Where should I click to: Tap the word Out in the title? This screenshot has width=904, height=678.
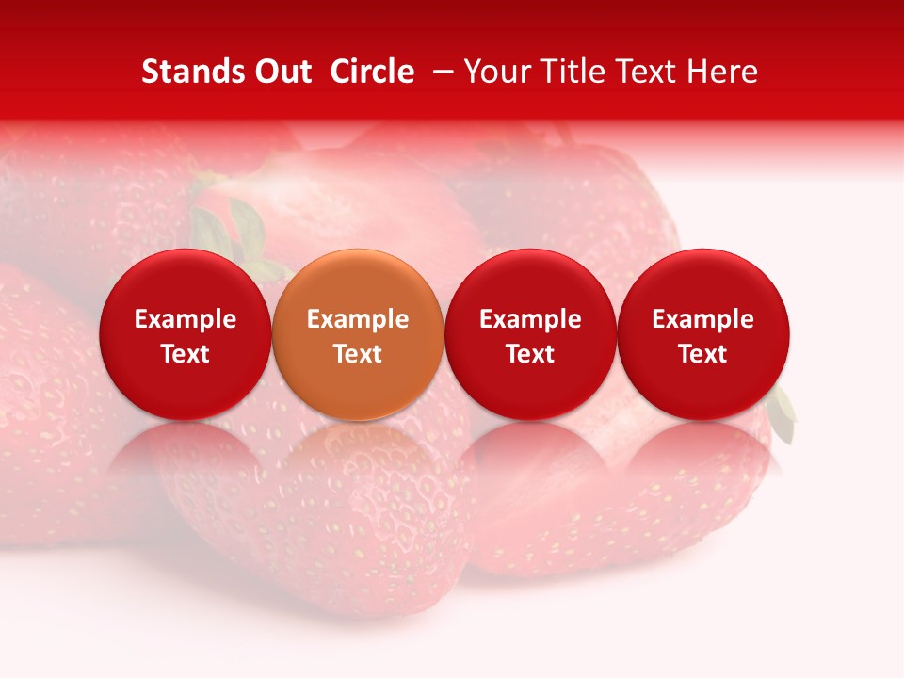pyautogui.click(x=281, y=72)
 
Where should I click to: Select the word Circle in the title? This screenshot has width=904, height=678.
pyautogui.click(x=372, y=72)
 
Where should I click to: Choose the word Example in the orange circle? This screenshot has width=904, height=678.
pyautogui.click(x=358, y=319)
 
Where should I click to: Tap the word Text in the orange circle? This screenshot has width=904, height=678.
pyautogui.click(x=358, y=354)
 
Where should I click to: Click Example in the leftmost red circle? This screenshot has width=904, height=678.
pyautogui.click(x=186, y=319)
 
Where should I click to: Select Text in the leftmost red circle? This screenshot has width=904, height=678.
pyautogui.click(x=186, y=354)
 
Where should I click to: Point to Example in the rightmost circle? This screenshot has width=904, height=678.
pyautogui.click(x=703, y=319)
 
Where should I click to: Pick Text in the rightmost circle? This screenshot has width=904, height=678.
pyautogui.click(x=703, y=354)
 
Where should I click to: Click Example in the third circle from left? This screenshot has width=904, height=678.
pyautogui.click(x=530, y=319)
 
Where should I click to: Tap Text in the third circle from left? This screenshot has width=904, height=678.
pyautogui.click(x=530, y=354)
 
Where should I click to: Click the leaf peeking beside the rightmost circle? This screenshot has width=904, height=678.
pyautogui.click(x=783, y=412)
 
